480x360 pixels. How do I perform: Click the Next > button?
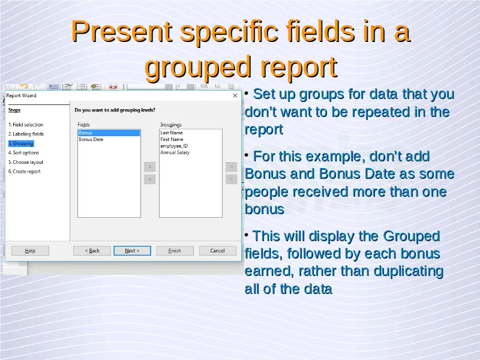point(132,251)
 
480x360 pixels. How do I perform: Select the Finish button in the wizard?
point(175,251)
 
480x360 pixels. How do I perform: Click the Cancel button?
point(217,251)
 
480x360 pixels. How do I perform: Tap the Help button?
point(30,251)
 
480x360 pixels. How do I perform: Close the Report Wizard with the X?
point(235,95)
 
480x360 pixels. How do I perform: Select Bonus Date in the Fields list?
point(91,139)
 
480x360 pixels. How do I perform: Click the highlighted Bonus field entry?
point(109,133)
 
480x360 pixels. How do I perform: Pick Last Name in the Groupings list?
point(172,133)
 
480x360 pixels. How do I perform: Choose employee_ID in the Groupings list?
point(174,146)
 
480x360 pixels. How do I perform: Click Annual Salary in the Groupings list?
point(175,152)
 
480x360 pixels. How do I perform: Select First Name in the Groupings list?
point(172,139)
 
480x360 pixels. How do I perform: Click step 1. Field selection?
point(26,125)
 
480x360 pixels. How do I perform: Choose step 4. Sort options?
point(23,152)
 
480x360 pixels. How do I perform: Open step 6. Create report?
point(25,172)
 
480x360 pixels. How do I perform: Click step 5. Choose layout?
point(26,162)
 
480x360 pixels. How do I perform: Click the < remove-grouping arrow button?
point(149,179)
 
